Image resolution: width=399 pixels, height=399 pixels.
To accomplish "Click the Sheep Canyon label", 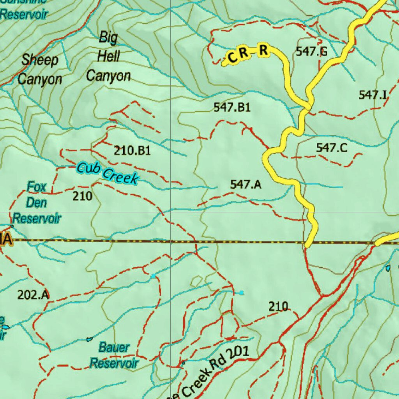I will tap(40, 70).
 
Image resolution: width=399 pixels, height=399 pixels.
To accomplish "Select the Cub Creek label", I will tap(107, 173).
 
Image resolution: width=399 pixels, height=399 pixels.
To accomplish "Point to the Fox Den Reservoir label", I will tap(37, 203).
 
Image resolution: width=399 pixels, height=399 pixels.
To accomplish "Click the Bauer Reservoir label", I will tap(114, 355).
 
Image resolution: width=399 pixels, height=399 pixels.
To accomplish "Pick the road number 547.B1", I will tap(232, 107).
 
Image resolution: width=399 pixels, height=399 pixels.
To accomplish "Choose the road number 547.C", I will tap(332, 148).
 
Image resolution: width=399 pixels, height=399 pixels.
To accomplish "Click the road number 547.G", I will tap(311, 51).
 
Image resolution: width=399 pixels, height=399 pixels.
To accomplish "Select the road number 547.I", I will tap(373, 95).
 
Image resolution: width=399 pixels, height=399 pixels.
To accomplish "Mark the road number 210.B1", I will tap(132, 150).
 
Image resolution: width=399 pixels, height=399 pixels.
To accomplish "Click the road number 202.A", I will tap(33, 295).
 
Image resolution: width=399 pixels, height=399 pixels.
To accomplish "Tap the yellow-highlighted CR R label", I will tap(248, 53).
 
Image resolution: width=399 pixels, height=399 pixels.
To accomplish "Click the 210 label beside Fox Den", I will tap(83, 196).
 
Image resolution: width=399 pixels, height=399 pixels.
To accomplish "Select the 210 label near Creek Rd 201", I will tap(278, 307).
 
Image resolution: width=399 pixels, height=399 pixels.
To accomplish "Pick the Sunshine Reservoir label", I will tap(24, 11).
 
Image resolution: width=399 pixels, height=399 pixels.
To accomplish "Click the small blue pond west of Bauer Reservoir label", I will tap(90, 339).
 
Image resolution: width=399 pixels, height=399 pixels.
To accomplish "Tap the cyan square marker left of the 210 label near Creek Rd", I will tap(242, 293).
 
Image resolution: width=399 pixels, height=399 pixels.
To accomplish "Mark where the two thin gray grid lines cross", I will tap(171, 212).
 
